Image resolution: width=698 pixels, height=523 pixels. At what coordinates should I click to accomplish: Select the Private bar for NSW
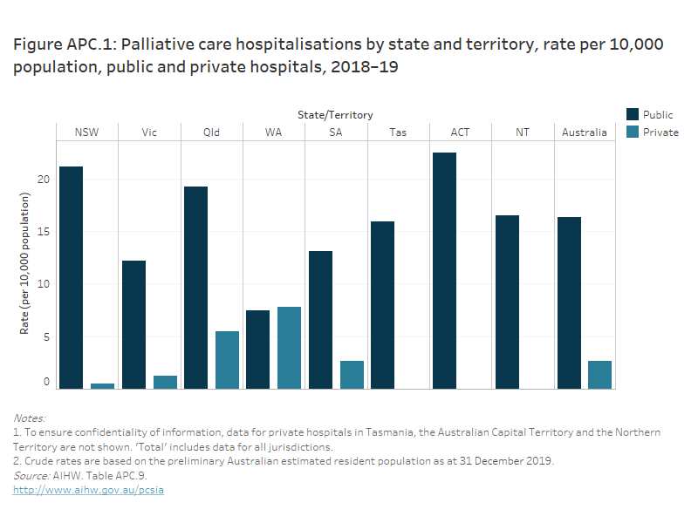coord(102,385)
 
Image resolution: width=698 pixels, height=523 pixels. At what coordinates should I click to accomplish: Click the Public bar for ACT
coord(444,270)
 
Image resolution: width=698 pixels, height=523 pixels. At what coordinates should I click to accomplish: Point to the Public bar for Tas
coord(382,304)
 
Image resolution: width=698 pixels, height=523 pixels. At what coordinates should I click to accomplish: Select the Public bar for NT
coord(507,302)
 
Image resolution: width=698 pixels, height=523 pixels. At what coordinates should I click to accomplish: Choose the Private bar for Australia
coord(600,374)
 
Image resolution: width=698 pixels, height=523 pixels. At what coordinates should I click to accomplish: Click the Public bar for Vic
coord(133,324)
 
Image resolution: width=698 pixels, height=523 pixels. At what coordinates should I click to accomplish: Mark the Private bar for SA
coord(352,374)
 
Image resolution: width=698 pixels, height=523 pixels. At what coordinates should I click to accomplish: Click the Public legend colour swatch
coord(633,114)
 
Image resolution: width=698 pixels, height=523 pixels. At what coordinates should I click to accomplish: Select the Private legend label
coord(660,132)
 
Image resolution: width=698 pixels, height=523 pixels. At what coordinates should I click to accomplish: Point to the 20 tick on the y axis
coord(44,180)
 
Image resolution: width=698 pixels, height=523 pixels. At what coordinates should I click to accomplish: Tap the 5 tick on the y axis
coord(46,336)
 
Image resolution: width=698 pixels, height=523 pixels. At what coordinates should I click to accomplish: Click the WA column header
coord(273,132)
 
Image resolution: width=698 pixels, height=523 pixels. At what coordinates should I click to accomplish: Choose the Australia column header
coord(585,132)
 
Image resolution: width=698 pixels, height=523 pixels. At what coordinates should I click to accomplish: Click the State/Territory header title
coord(334,114)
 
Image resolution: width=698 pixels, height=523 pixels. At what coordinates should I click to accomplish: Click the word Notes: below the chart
coord(30,418)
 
